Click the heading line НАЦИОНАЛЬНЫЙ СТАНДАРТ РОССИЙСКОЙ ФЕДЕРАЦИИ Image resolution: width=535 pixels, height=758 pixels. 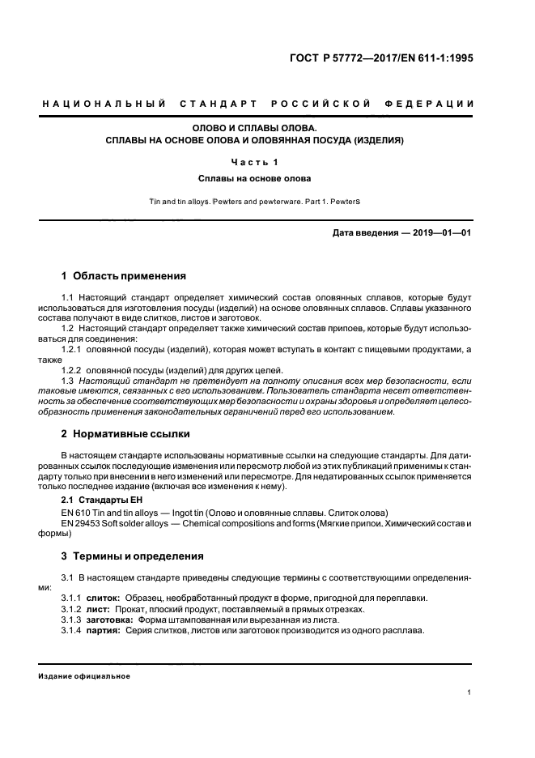257,104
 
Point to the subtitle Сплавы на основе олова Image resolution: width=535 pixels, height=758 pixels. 258,177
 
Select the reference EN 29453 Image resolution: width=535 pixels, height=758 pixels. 83,525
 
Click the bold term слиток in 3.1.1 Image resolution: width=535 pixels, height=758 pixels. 104,598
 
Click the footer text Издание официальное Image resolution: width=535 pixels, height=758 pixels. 83,675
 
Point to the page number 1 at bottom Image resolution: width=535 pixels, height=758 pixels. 469,692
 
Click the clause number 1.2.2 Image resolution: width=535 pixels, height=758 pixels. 74,370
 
